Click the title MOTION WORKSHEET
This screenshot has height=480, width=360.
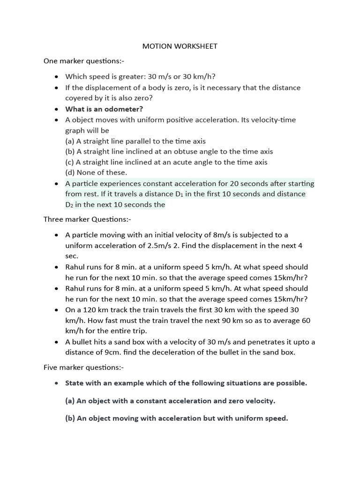click(x=180, y=46)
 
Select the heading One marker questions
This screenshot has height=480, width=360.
click(x=84, y=61)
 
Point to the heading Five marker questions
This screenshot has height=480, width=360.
click(x=84, y=367)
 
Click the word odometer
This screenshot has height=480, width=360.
click(x=124, y=109)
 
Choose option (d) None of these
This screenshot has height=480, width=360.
click(x=96, y=172)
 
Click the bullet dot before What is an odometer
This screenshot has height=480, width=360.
click(x=57, y=109)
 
